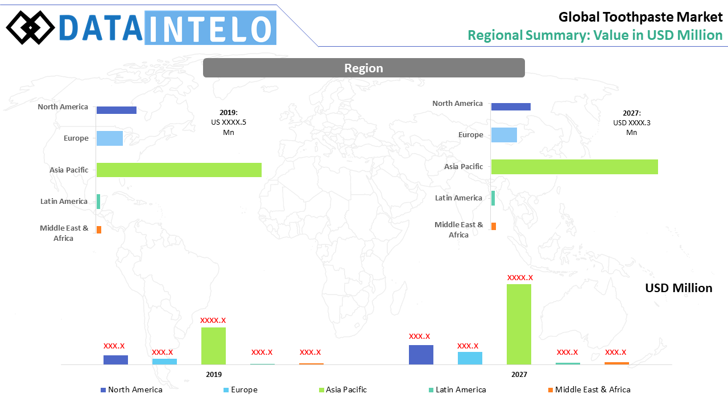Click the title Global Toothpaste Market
point(640,17)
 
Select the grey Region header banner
point(363,68)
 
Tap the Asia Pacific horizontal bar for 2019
point(179,170)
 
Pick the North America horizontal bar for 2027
point(510,106)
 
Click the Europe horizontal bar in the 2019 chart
point(109,138)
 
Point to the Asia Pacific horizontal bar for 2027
point(574,166)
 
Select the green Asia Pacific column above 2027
point(519,324)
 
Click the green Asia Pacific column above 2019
point(213,346)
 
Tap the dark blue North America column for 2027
point(421,354)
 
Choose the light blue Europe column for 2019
point(164,361)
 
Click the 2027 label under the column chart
point(519,375)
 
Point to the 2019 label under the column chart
point(214,375)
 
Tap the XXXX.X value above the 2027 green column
point(520,278)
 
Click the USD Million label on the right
point(679,288)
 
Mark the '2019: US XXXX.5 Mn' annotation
point(229,122)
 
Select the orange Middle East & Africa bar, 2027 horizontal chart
point(493,227)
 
